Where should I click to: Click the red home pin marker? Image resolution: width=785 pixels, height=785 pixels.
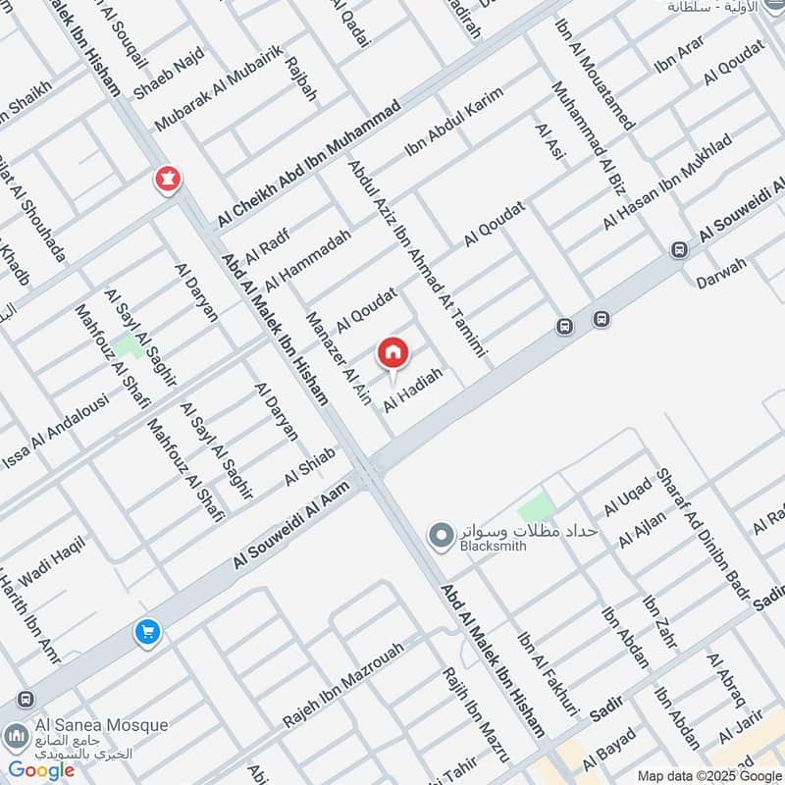click(392, 352)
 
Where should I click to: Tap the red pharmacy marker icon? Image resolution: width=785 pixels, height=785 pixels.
click(167, 180)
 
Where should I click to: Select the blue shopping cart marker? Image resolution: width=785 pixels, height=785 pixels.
click(147, 633)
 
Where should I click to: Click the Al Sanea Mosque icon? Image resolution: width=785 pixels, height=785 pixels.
click(15, 735)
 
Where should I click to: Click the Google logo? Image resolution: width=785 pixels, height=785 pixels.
click(42, 769)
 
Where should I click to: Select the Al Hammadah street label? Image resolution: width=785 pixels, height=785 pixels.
click(307, 255)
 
